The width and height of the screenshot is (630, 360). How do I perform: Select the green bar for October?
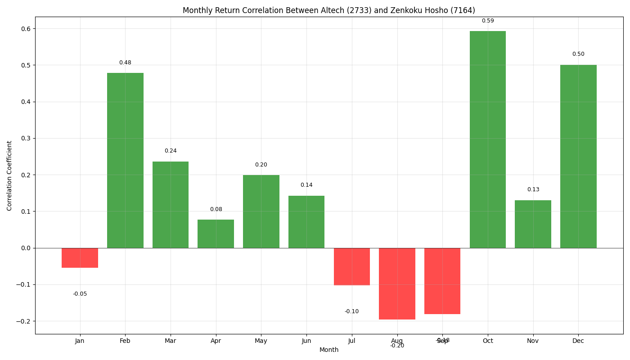pyautogui.click(x=488, y=139)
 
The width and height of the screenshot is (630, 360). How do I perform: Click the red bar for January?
pyautogui.click(x=80, y=258)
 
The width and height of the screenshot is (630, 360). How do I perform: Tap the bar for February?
pyautogui.click(x=125, y=160)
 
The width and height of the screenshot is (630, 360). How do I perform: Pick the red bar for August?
pyautogui.click(x=397, y=283)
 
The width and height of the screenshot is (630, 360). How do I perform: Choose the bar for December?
pyautogui.click(x=578, y=156)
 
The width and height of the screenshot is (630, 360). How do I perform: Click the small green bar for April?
pyautogui.click(x=216, y=234)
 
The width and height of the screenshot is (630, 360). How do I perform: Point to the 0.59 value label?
pyautogui.click(x=488, y=21)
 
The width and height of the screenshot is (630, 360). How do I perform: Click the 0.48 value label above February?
pyautogui.click(x=125, y=63)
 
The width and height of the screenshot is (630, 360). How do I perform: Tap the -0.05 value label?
pyautogui.click(x=80, y=294)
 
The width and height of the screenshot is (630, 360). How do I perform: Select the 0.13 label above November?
pyautogui.click(x=533, y=189)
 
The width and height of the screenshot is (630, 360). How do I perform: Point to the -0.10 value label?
pyautogui.click(x=351, y=311)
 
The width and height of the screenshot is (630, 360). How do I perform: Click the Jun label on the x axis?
pyautogui.click(x=306, y=341)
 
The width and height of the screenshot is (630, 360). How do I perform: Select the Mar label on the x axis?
pyautogui.click(x=170, y=341)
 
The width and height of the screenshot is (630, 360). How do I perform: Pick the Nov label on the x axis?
pyautogui.click(x=533, y=341)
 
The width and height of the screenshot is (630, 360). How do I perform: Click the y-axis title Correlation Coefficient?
pyautogui.click(x=9, y=175)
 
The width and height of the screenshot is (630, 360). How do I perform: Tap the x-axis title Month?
pyautogui.click(x=329, y=350)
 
